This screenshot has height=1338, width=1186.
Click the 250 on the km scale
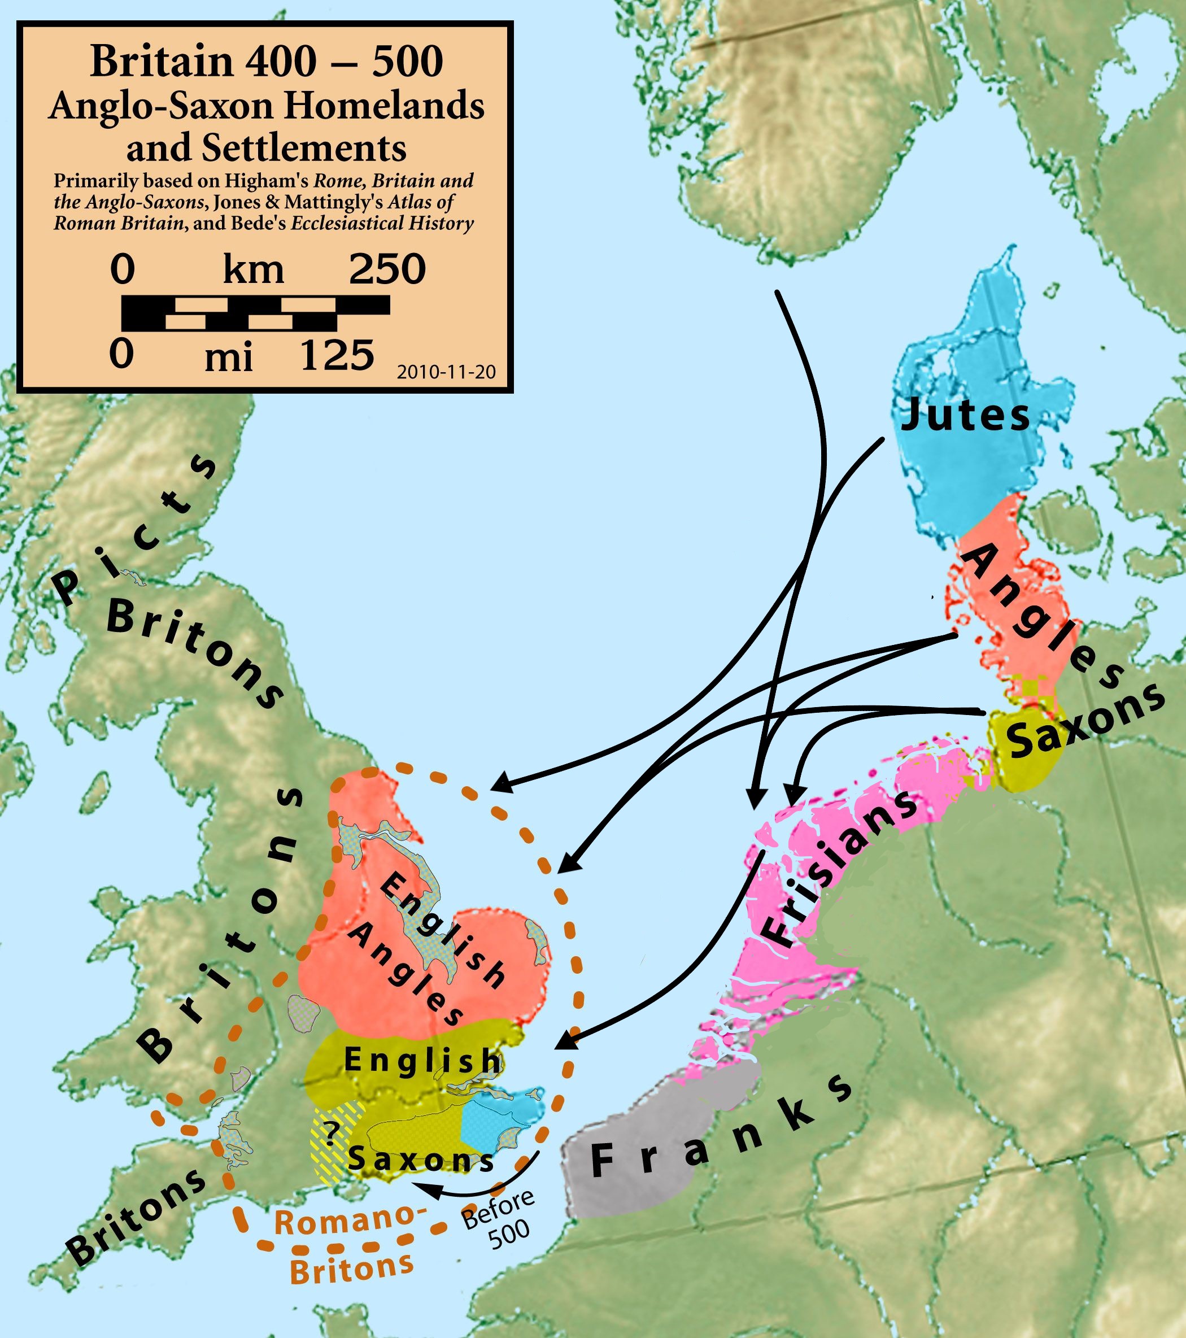pos(387,269)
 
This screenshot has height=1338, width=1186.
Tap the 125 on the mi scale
pos(337,355)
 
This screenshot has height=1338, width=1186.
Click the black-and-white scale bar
pos(255,313)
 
